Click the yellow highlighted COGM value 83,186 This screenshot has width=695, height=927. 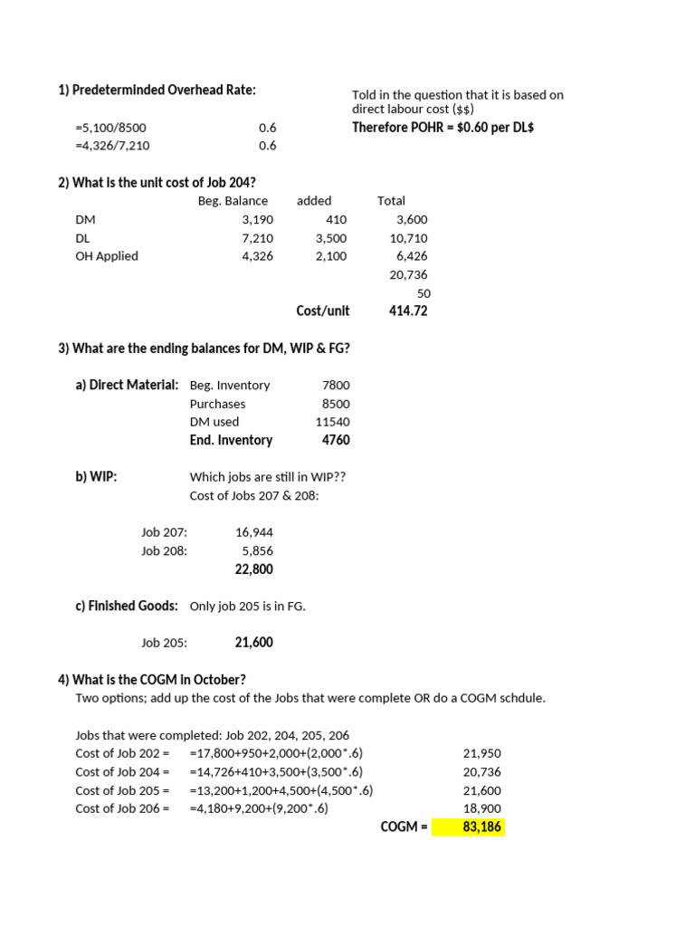pos(481,827)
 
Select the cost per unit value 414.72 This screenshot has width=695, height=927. pos(408,311)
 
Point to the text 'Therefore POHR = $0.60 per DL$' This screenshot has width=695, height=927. pos(443,128)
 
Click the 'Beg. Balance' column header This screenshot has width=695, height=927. pos(233,201)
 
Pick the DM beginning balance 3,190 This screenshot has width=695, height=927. pos(257,220)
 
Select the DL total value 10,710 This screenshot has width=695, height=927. pos(408,238)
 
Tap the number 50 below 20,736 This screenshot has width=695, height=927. pos(424,293)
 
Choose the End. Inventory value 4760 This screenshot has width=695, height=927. pos(335,440)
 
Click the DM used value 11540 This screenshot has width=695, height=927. pos(332,422)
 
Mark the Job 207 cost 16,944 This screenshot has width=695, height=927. pos(253,532)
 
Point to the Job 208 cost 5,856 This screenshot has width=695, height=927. pos(257,550)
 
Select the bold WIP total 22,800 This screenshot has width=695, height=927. pos(253,569)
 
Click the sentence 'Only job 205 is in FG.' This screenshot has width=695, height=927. pos(247,607)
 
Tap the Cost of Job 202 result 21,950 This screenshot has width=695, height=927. pos(481,754)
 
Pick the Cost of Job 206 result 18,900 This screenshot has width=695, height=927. pos(481,808)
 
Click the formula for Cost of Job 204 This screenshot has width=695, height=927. pos(276,772)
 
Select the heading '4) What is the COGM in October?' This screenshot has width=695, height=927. pos(152,680)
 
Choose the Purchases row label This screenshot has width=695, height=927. pos(217,404)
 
